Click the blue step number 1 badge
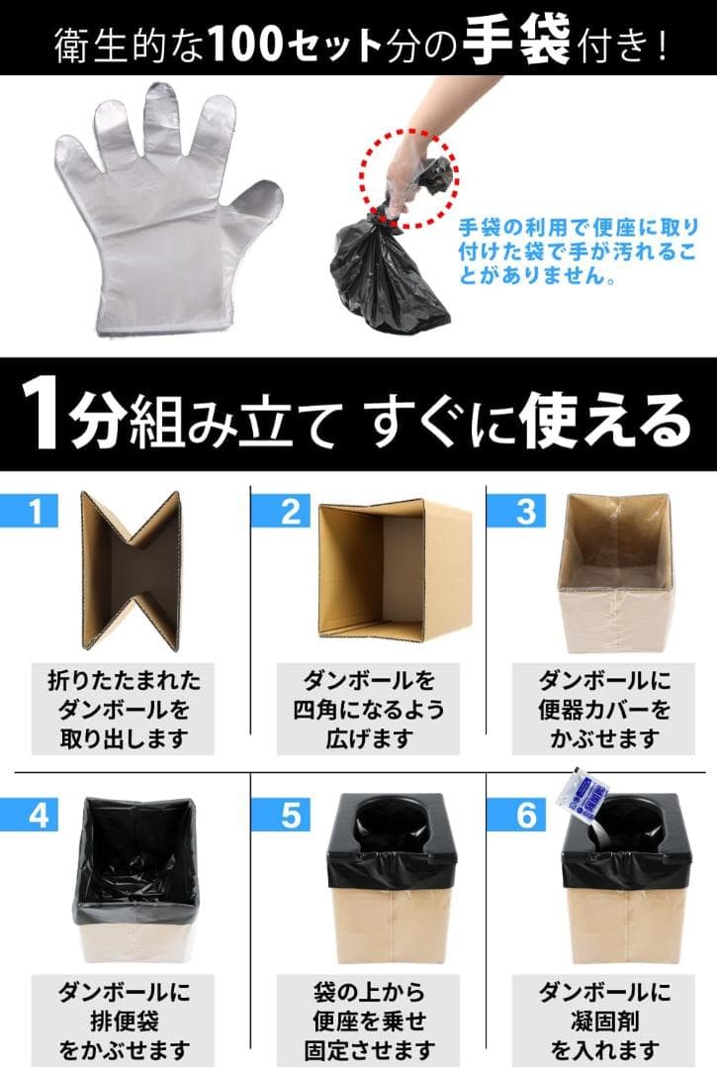pos(36,511)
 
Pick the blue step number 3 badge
pos(525,511)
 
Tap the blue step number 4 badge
pos(36,815)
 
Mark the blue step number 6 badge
pos(525,815)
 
